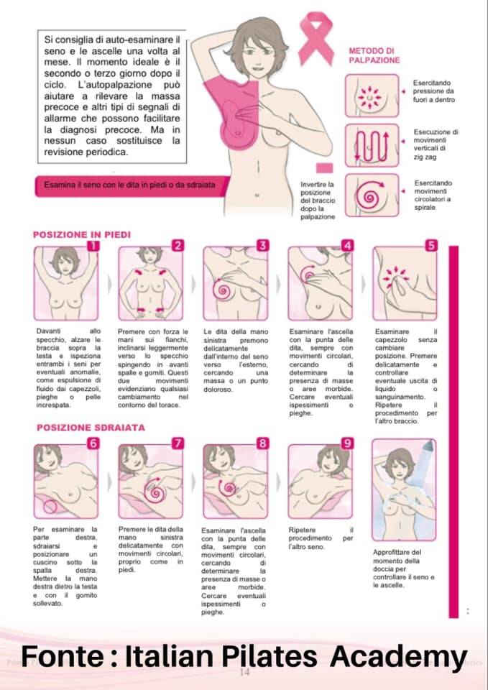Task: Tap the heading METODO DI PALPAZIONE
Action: click(x=374, y=56)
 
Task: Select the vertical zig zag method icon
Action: click(x=372, y=145)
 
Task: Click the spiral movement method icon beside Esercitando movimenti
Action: click(x=372, y=195)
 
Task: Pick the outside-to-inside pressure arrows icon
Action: click(x=372, y=96)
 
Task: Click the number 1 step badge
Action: click(x=93, y=246)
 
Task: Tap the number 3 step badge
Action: click(x=263, y=246)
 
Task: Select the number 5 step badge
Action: click(x=432, y=246)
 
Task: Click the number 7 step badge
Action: click(x=178, y=443)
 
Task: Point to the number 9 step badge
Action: click(x=348, y=443)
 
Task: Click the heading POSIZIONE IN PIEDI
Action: click(x=82, y=235)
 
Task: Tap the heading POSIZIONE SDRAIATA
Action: click(x=91, y=428)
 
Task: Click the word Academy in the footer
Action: click(x=399, y=657)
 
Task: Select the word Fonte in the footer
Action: click(x=62, y=656)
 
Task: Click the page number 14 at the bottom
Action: click(x=244, y=672)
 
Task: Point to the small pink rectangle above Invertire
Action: click(x=325, y=167)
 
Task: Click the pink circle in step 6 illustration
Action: click(x=50, y=507)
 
